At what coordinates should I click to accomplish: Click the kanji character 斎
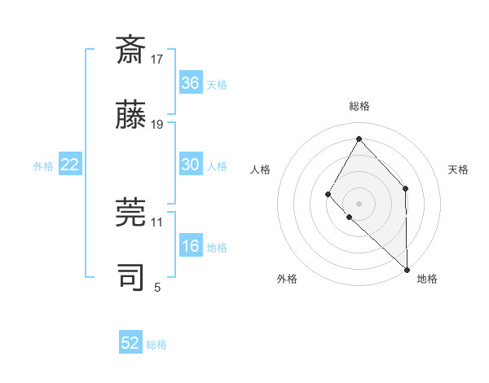(130, 51)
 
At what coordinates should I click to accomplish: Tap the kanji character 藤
(130, 116)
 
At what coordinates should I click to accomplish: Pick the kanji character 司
(130, 277)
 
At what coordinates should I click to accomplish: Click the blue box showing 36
(191, 83)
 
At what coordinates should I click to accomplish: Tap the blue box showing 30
(191, 165)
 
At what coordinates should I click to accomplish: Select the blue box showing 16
(191, 246)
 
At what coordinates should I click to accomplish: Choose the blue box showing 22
(70, 165)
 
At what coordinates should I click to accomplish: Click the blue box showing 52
(130, 343)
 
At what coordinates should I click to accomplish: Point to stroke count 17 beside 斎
(157, 59)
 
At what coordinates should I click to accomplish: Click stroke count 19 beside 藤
(157, 124)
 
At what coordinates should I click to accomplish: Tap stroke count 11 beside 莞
(157, 221)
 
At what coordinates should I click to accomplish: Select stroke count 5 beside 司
(157, 286)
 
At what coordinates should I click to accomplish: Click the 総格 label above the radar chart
(359, 106)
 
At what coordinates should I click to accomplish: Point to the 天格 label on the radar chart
(458, 169)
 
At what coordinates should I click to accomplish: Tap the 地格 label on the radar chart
(427, 279)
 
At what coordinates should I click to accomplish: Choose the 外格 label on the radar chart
(287, 279)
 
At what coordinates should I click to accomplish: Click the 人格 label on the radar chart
(261, 169)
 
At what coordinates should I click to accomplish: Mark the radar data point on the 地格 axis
(407, 268)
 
